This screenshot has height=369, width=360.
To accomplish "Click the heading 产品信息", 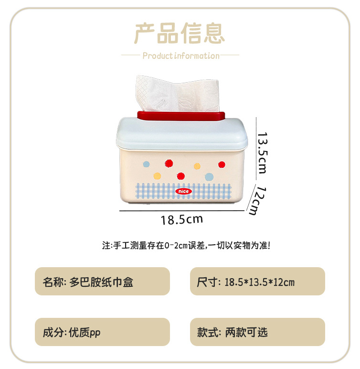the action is [x=180, y=33].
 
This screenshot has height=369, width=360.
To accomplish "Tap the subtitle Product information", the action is [x=181, y=56].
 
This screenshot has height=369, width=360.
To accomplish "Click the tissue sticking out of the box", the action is [x=178, y=93].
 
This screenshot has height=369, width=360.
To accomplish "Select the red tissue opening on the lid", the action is [x=181, y=116].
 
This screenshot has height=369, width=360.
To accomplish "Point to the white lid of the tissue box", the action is [x=182, y=134].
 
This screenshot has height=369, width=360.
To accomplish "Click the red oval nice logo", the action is [x=183, y=191].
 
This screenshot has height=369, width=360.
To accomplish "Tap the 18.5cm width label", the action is [x=181, y=219].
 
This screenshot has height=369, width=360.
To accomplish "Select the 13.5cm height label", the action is [x=263, y=153].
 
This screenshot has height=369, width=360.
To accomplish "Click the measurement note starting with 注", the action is [x=186, y=246].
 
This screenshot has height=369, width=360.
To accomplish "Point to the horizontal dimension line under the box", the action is [x=182, y=211].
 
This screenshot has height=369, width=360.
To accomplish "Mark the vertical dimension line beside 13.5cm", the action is [x=256, y=149].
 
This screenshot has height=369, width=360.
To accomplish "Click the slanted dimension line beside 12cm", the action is [x=251, y=197].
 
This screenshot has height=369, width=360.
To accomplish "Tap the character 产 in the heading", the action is [x=145, y=33].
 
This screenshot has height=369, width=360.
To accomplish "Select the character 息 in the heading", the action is [x=214, y=33].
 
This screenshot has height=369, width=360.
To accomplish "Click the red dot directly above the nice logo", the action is [x=181, y=176].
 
